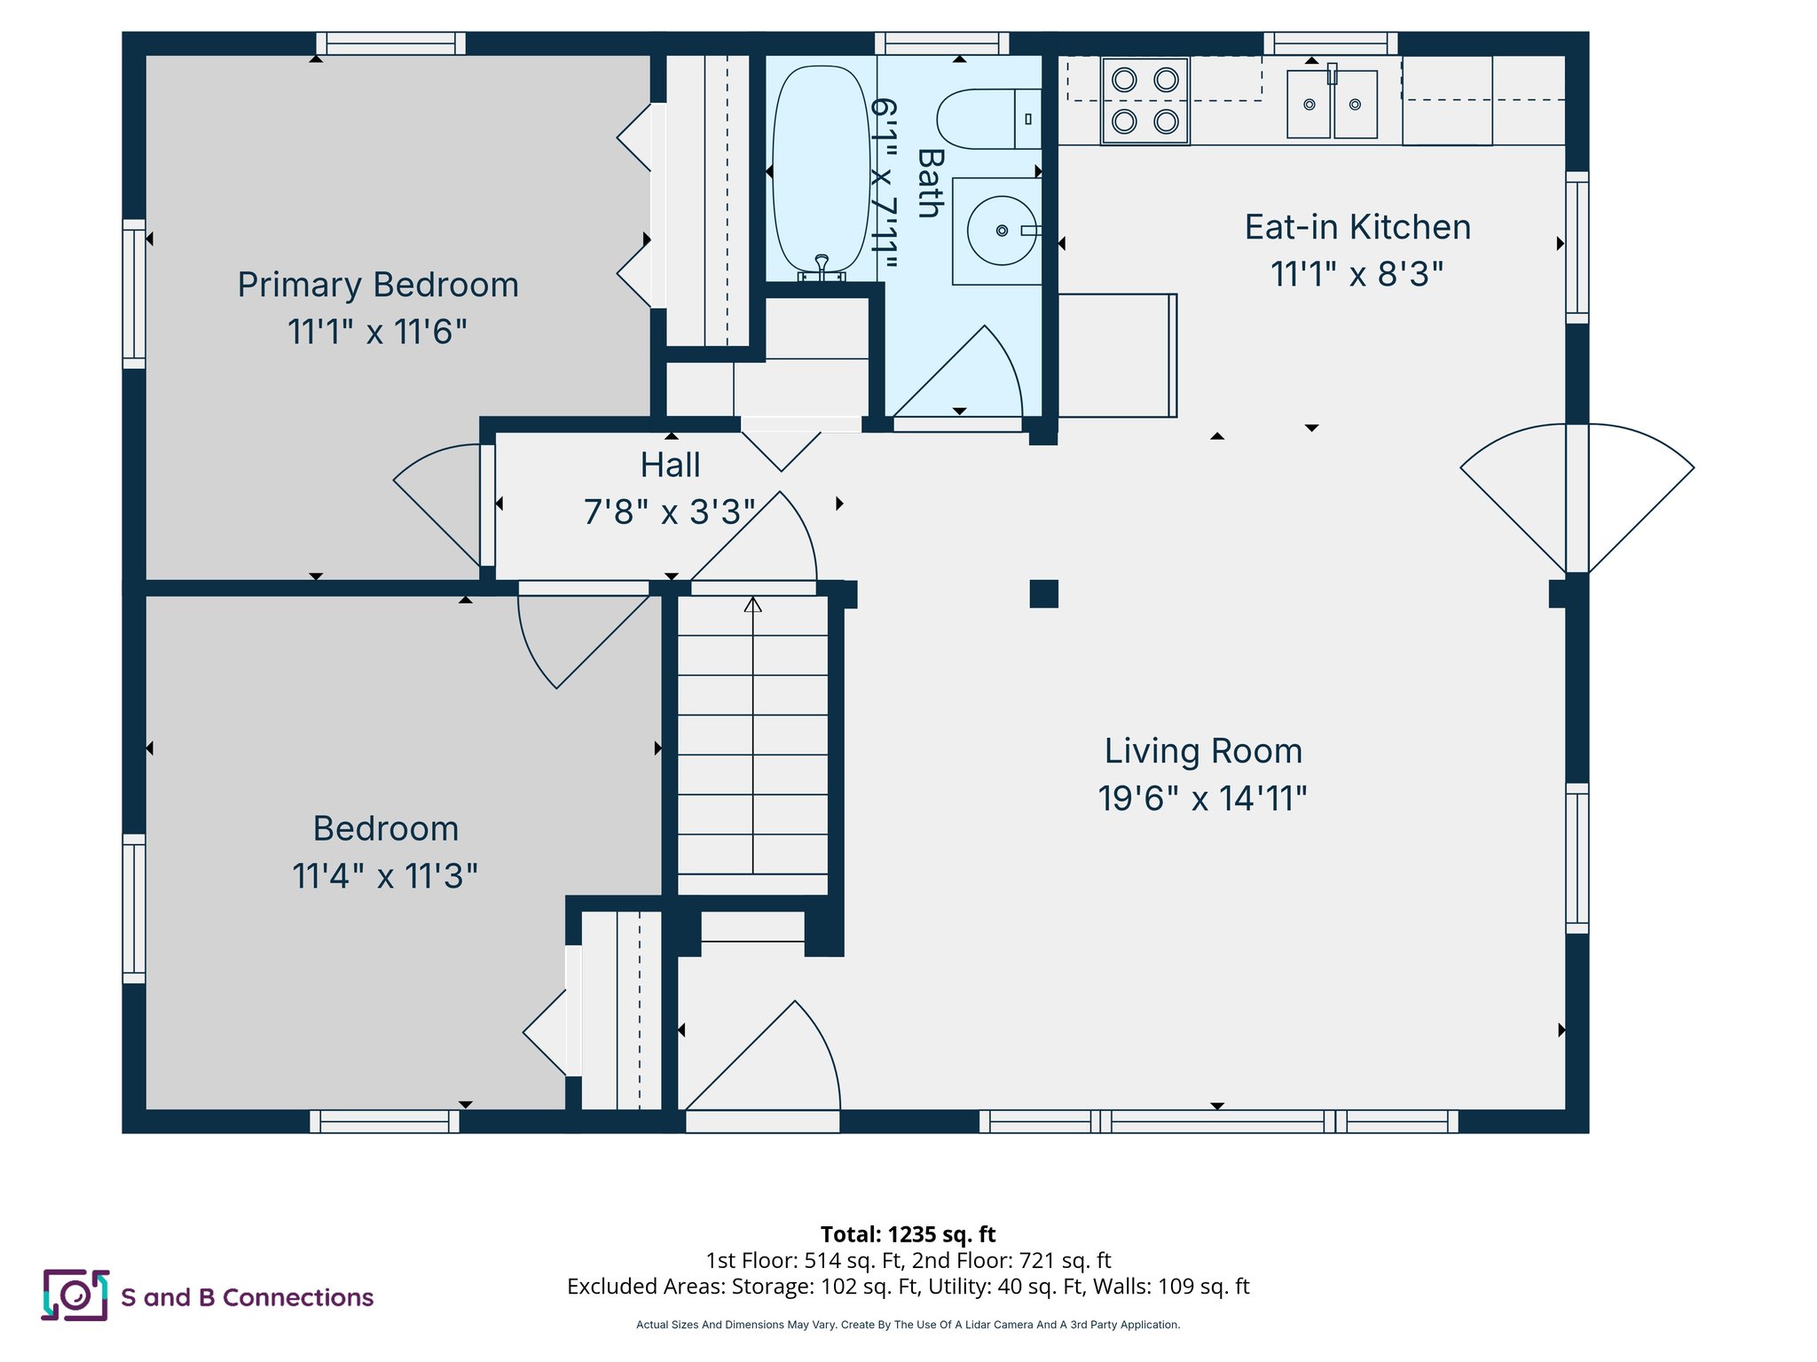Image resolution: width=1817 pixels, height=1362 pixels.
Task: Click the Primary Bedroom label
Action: [x=378, y=285]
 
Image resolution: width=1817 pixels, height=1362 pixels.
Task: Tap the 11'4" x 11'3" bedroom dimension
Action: [x=385, y=876]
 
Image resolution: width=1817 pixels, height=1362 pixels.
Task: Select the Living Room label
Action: [x=1203, y=751]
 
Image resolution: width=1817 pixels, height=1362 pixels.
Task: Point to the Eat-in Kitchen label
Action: [x=1357, y=227]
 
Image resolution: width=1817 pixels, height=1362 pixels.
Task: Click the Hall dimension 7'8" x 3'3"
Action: [x=669, y=512]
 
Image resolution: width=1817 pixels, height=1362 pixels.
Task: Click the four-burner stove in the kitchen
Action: [x=1144, y=100]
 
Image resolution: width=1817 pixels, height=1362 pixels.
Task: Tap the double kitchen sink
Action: [x=1332, y=104]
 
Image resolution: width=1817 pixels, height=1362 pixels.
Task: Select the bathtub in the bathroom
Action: [x=821, y=168]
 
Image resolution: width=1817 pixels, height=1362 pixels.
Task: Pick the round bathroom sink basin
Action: [x=1001, y=231]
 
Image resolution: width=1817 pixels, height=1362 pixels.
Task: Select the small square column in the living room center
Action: [x=1043, y=593]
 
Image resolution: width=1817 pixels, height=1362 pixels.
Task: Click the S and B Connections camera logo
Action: [x=75, y=1295]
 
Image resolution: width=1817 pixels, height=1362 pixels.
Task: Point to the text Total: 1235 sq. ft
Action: [x=908, y=1234]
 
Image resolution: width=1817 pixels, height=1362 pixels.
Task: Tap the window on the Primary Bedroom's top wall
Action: [x=391, y=43]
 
